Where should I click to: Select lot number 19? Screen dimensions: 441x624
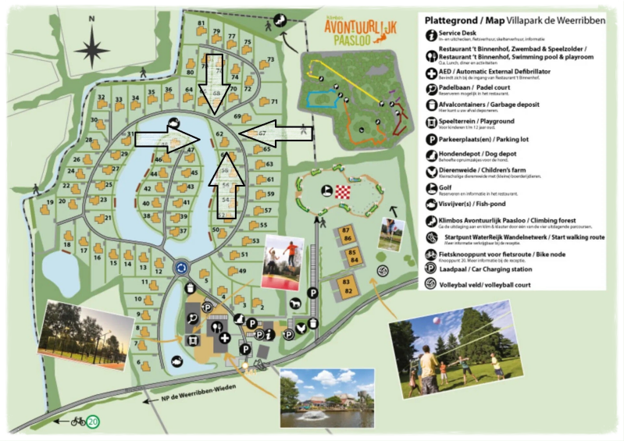pos(50,202)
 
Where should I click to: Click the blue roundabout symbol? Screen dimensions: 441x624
pos(182,268)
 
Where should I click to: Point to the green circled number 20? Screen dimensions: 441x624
pos(93,421)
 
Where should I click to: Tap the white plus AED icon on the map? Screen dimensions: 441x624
pos(226,338)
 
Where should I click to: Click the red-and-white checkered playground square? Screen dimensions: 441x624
pos(344,192)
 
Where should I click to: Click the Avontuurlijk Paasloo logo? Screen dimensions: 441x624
pos(361,31)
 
